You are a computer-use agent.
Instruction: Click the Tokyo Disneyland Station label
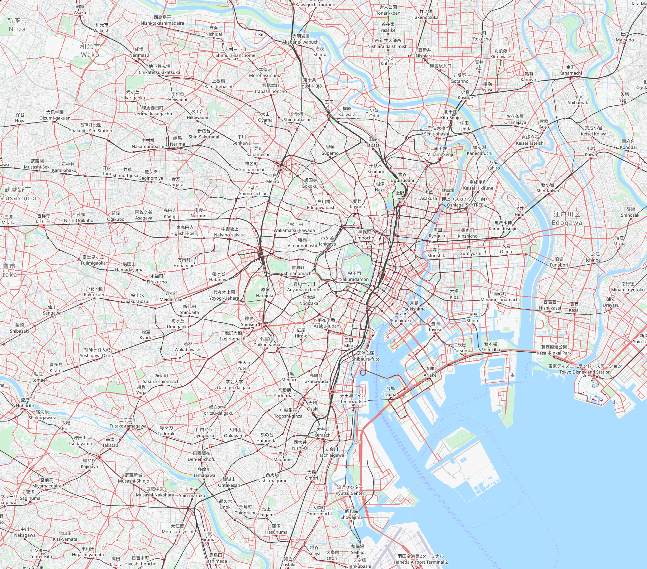click(x=585, y=369)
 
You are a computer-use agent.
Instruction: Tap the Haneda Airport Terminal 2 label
click(x=421, y=559)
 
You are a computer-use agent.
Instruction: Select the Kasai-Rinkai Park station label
click(x=554, y=350)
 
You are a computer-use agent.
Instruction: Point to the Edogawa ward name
click(x=567, y=219)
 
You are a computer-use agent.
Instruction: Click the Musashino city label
click(x=18, y=194)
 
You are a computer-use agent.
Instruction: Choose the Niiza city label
click(x=17, y=25)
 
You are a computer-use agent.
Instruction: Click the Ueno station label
click(x=400, y=196)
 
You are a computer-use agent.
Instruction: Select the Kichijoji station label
click(x=44, y=219)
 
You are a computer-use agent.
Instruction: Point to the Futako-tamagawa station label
click(x=128, y=423)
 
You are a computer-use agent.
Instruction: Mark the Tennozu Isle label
click(x=353, y=398)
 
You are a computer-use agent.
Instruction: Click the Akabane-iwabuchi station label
click(x=301, y=39)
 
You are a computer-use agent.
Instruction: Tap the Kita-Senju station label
click(x=450, y=115)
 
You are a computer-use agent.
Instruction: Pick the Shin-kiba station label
click(x=491, y=347)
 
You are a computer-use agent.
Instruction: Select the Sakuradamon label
click(x=354, y=276)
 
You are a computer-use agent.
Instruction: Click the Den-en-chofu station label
click(x=202, y=456)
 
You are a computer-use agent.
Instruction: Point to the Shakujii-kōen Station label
click(x=91, y=128)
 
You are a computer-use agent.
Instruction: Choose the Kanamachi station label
click(x=570, y=70)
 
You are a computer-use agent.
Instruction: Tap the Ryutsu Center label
click(x=350, y=490)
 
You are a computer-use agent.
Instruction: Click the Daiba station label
click(x=390, y=391)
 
